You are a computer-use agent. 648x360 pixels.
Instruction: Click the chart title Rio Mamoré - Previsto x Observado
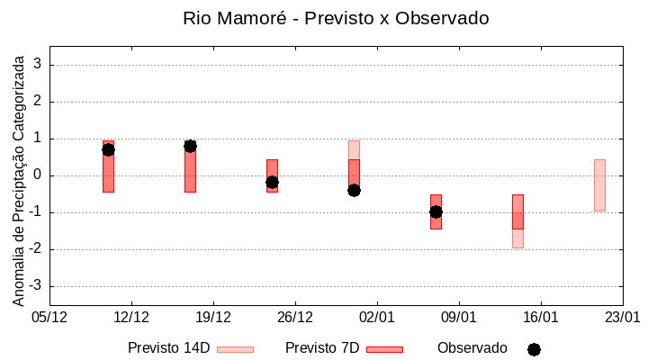[x=336, y=18]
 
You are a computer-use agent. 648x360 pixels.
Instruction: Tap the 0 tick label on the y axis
[x=38, y=175]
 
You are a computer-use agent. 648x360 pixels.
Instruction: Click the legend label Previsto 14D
[x=168, y=348]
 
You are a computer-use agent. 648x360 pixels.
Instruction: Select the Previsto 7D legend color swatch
[x=384, y=349]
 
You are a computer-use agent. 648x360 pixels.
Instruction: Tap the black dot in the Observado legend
[x=534, y=349]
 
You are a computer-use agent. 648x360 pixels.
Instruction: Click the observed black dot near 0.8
[x=190, y=146]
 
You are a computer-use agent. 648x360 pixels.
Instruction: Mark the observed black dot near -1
[x=436, y=211]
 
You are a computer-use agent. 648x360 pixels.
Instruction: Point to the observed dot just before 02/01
[x=354, y=190]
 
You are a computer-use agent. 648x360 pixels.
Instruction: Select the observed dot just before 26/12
[x=272, y=182]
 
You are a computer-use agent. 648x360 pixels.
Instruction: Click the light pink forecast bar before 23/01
[x=599, y=184]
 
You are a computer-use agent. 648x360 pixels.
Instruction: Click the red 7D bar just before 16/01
[x=517, y=211]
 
